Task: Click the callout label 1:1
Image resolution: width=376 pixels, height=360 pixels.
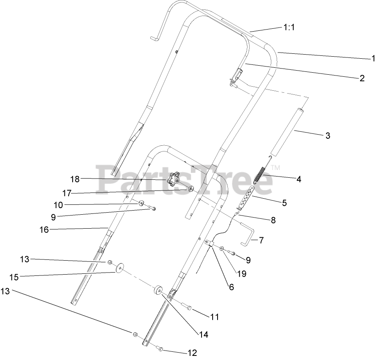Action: click(289, 27)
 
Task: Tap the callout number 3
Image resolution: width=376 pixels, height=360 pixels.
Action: click(327, 135)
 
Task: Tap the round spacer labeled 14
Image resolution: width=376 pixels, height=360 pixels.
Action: click(158, 292)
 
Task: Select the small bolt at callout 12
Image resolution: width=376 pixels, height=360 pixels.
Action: click(160, 349)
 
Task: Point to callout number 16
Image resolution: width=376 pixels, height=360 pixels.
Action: click(44, 230)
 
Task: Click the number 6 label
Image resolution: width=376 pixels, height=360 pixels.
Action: click(232, 287)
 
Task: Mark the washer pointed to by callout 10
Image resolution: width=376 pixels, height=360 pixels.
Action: click(140, 203)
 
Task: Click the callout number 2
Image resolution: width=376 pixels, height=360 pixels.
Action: click(362, 78)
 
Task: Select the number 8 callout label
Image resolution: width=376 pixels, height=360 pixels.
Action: click(273, 220)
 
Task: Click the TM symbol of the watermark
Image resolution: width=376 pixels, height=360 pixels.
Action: click(276, 168)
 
